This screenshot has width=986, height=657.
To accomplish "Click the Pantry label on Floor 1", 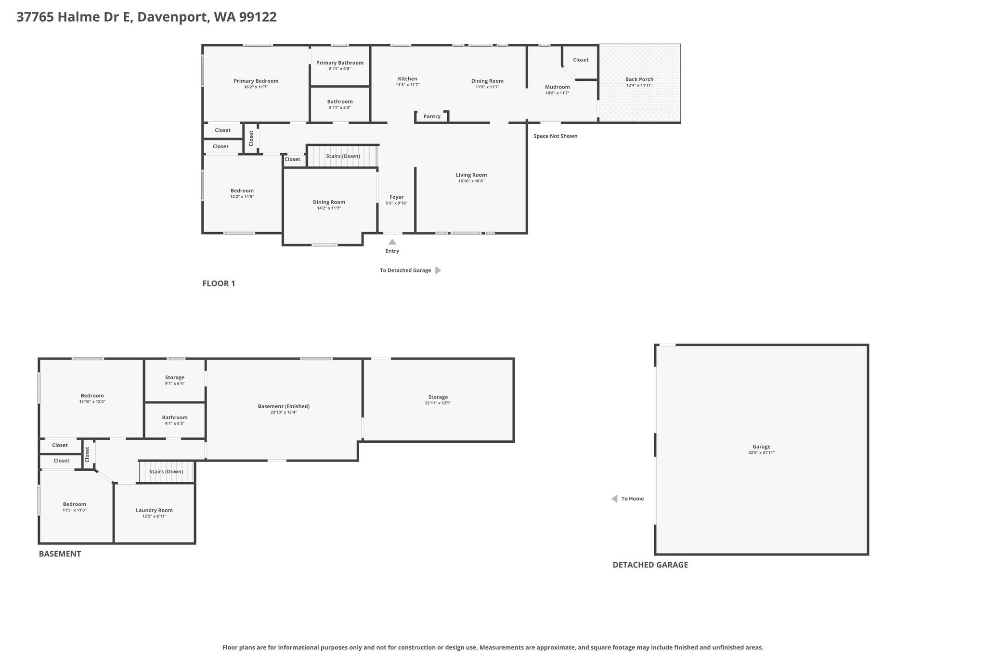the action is (432, 116).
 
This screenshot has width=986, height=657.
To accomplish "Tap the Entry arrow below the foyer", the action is (392, 242).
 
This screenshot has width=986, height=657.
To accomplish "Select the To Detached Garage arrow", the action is (438, 270).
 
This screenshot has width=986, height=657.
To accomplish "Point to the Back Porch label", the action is (639, 79).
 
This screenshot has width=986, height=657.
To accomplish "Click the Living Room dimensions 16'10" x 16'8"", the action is (471, 181).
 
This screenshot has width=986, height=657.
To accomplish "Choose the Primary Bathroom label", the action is (340, 63).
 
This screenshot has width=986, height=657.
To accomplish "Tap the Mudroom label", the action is (558, 87).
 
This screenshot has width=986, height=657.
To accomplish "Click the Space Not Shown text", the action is (556, 136).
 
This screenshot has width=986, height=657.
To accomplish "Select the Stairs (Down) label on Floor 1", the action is (343, 156).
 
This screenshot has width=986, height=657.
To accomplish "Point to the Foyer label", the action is (397, 197).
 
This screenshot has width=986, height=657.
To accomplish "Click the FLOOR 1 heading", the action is (219, 283).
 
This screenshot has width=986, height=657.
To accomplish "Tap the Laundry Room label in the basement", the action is (154, 510).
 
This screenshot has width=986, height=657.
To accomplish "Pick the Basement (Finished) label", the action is (284, 406).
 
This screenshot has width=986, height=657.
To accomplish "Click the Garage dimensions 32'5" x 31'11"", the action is (762, 452).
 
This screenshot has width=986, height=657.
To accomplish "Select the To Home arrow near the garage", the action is (614, 499).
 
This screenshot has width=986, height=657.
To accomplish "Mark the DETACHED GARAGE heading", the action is (650, 565).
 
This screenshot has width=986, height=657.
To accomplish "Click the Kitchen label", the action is (408, 79).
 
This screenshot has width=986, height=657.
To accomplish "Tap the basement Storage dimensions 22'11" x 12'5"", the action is (438, 403).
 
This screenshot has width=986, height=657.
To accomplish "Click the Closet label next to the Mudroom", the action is (581, 60).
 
